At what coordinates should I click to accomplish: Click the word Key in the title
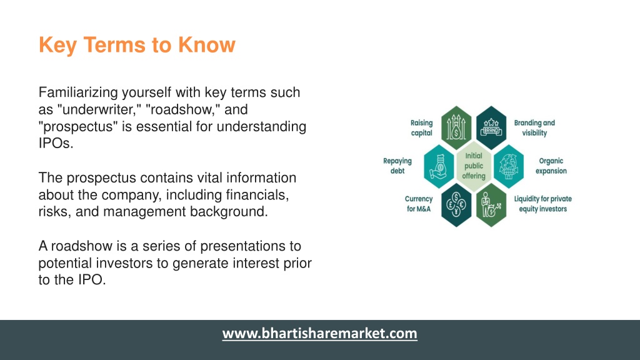[x=57, y=45]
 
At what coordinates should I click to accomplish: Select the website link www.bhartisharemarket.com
[x=319, y=334]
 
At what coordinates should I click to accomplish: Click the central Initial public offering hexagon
[x=474, y=166]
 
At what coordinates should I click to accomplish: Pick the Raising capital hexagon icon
[x=456, y=127]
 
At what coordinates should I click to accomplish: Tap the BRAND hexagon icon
[x=491, y=127]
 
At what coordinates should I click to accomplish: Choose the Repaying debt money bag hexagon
[x=439, y=166]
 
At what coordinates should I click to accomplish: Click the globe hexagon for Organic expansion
[x=509, y=166]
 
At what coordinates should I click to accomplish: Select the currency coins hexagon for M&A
[x=456, y=205]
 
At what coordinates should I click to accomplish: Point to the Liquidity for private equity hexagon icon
[x=491, y=205]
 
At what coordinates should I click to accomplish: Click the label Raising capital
[x=422, y=127]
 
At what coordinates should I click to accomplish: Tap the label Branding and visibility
[x=534, y=127]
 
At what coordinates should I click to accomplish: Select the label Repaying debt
[x=397, y=166]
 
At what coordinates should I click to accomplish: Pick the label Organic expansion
[x=551, y=166]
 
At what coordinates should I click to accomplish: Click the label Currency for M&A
[x=419, y=204]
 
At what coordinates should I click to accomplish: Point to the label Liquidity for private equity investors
[x=543, y=204]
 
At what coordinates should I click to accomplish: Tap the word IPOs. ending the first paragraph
[x=56, y=143]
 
